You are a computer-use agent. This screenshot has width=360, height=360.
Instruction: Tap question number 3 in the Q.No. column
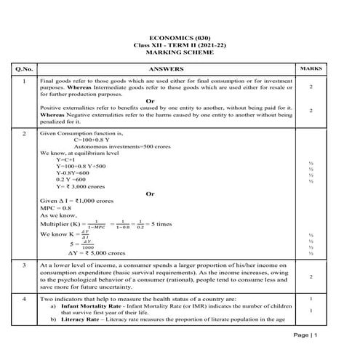tap(24, 266)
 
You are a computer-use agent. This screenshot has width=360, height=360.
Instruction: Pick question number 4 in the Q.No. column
tap(24, 299)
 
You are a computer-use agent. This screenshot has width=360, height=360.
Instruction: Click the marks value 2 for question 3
tap(311, 277)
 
